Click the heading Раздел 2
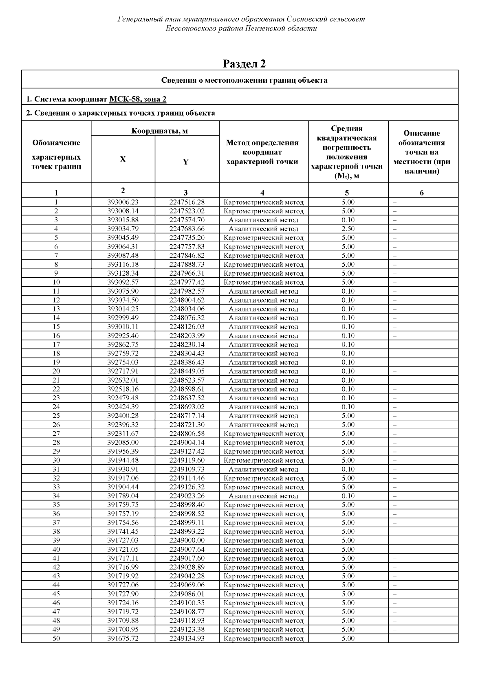pos(244,64)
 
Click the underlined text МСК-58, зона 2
pos(138,99)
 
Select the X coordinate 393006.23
pos(123,202)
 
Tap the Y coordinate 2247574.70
pos(187,220)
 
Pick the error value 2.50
pos(348,229)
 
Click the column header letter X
pos(123,160)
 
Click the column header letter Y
pos(186,162)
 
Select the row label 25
pos(56,416)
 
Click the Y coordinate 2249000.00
pos(187,540)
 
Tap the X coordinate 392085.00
pos(123,443)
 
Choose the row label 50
pos(56,638)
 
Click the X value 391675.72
pos(123,638)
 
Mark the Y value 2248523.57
pos(187,380)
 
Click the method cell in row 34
pos(263,496)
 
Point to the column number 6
pos(422,193)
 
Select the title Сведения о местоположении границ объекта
pos(244,80)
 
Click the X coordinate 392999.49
pos(123,318)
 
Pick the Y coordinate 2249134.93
pos(187,638)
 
